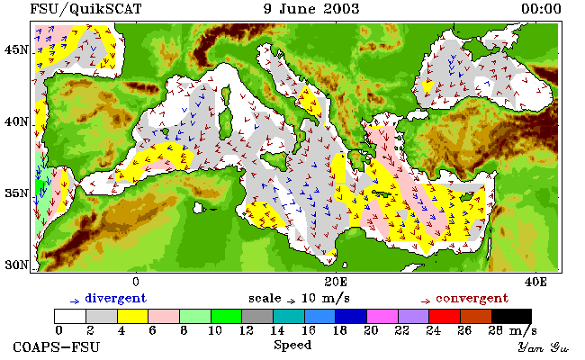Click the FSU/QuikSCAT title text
85,9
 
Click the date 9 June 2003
311,9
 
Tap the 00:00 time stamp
541,9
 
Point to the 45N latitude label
16,49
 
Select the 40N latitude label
16,121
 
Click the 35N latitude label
16,193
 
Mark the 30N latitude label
16,265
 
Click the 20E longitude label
336,282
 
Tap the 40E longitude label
535,282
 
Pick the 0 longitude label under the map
136,282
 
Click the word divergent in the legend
116,299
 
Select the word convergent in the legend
472,299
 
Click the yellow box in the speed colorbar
132,316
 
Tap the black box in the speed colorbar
511,316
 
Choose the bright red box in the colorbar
445,316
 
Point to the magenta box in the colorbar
382,316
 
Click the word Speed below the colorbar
292,345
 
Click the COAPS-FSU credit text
57,347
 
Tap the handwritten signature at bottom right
544,348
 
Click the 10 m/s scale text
325,299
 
